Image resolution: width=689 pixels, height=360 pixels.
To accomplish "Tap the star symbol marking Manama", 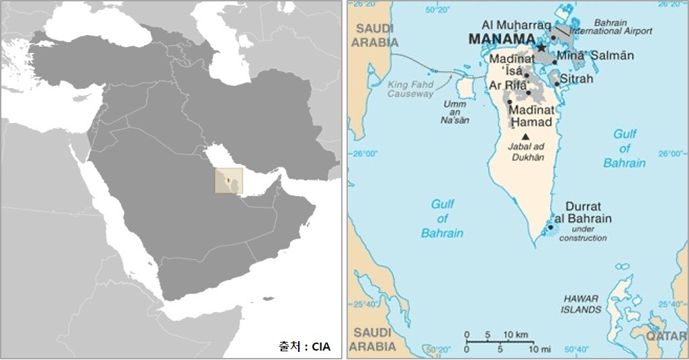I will (x=541, y=48).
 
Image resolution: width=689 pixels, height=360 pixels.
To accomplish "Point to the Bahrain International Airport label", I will (x=611, y=27).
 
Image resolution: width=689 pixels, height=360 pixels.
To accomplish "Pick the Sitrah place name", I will (x=577, y=79).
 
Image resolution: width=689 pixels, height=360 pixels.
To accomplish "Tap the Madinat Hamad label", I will (x=531, y=116).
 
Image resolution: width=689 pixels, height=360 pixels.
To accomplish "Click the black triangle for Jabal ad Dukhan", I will (x=525, y=136).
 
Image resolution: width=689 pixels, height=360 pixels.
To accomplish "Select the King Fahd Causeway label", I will (x=410, y=89).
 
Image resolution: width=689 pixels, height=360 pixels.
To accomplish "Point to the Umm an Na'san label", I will (x=455, y=112).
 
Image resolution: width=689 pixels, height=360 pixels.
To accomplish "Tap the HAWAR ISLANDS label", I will (x=582, y=304).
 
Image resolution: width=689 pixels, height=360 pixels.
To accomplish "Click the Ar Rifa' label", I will (x=508, y=85).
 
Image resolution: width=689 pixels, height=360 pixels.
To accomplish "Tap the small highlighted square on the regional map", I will (x=228, y=181).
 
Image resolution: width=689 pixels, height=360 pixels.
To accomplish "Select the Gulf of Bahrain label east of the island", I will (x=625, y=148).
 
